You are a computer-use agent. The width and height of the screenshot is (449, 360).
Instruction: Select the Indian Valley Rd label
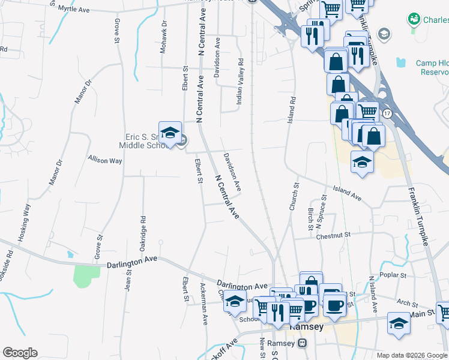[240, 82]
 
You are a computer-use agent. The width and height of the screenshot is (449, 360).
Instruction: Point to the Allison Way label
[105, 161]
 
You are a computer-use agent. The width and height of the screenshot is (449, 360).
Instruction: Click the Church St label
[293, 197]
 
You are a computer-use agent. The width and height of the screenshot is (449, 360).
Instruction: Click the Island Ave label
[348, 193]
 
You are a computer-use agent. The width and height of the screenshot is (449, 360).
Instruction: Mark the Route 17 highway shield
[388, 113]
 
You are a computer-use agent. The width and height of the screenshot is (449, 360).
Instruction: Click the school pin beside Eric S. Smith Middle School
[170, 133]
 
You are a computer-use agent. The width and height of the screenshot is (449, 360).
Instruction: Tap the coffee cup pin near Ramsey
[334, 305]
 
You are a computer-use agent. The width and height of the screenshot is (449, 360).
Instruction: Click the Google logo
[20, 353]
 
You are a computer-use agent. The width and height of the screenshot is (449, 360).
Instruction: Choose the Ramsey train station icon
[303, 343]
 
